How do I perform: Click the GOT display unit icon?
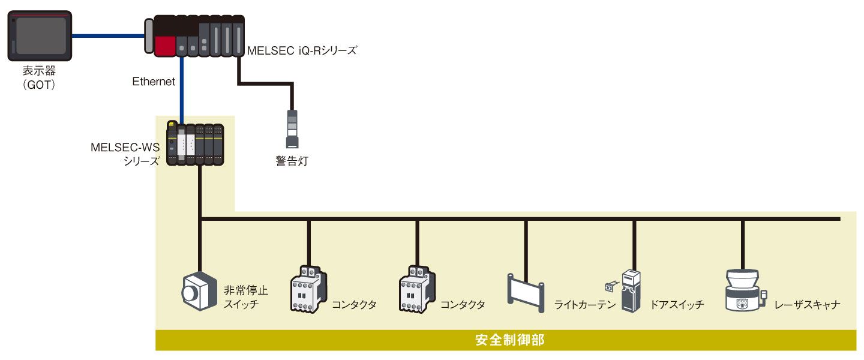coord(41,37)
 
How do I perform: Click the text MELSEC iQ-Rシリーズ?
coord(302,51)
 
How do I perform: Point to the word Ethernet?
coord(154,82)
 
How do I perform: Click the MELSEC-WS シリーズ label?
coord(125,153)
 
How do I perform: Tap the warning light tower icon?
coord(292,129)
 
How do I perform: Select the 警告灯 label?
coord(292,161)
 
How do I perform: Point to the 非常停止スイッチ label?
coord(246,297)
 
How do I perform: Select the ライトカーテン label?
coord(585,305)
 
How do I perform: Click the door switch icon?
coord(632,291)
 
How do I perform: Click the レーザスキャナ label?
coord(807,305)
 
